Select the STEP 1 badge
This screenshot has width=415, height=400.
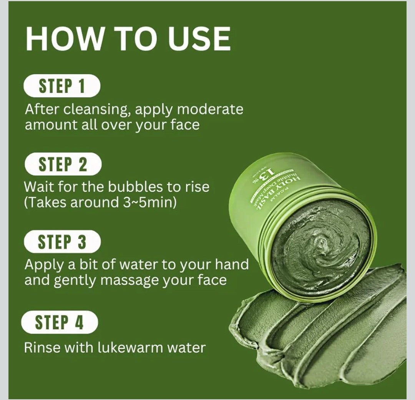[62, 86]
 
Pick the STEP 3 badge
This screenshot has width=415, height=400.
[62, 242]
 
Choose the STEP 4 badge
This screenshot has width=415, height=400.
[60, 322]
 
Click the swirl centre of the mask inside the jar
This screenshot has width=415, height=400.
[320, 244]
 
